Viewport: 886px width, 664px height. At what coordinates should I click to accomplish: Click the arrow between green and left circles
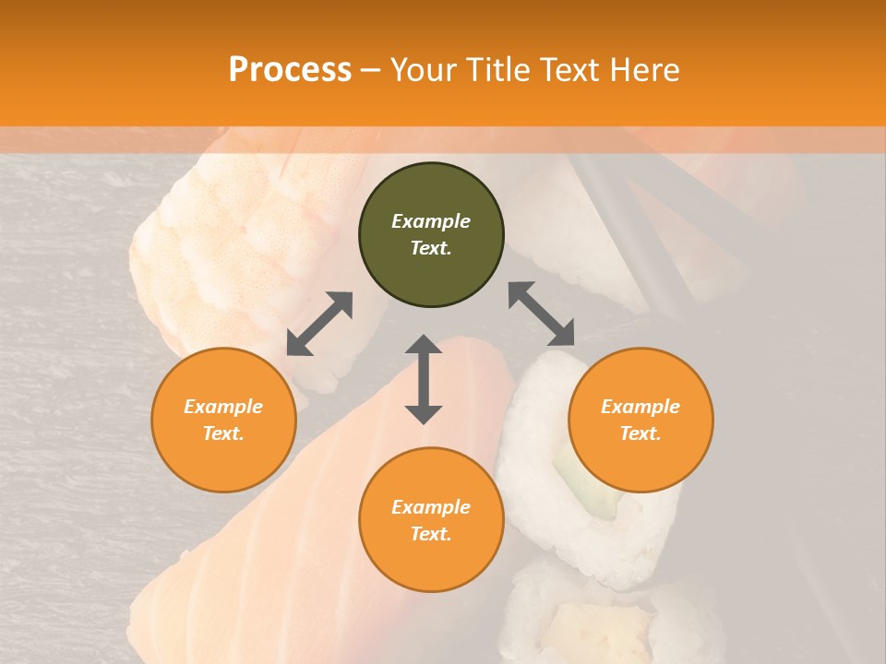pos(319,324)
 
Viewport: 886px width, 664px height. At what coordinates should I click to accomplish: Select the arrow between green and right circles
pos(542,314)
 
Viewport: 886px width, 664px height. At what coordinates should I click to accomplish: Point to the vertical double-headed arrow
pos(424,379)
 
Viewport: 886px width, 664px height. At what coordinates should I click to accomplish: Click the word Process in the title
pos(290,69)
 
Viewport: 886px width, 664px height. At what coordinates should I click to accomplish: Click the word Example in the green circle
pos(431,221)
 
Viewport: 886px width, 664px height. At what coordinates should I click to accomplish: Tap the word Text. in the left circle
pos(223,433)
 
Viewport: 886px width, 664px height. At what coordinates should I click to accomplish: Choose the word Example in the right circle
pos(641,407)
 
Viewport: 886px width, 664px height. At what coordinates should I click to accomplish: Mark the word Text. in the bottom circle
pos(431,534)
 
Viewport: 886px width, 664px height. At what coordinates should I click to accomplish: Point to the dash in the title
pos(371,69)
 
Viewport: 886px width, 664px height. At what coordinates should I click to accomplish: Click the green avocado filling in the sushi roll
pos(591,484)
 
